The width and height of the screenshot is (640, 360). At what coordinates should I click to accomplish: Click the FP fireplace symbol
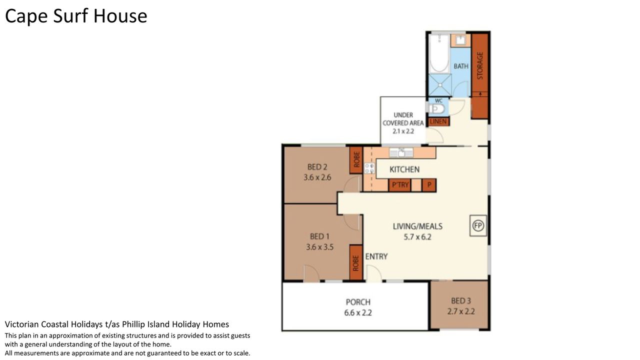[478, 225]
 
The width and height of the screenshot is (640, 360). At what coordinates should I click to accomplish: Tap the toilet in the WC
[436, 109]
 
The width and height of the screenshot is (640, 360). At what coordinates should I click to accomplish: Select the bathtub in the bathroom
[439, 53]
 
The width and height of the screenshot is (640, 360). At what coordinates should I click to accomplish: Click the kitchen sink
[401, 153]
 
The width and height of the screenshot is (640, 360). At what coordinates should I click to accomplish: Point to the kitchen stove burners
[369, 168]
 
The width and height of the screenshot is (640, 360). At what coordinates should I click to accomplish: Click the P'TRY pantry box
[400, 185]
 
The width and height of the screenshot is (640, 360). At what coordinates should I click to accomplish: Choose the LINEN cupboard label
[438, 121]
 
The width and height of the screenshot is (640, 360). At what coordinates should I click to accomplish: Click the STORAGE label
[480, 65]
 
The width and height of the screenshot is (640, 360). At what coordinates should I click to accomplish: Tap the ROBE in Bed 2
[356, 159]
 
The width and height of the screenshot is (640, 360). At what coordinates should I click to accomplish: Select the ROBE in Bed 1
[356, 262]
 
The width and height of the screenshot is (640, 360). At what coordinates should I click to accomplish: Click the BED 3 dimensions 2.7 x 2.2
[461, 311]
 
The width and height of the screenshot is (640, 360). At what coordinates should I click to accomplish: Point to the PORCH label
[358, 302]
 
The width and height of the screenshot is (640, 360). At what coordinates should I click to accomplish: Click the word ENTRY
[376, 256]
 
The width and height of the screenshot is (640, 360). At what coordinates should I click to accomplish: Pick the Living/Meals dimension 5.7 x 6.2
[417, 237]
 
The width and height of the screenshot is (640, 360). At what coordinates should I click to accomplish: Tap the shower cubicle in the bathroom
[440, 85]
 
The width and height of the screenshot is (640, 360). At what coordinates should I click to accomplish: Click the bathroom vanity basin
[460, 40]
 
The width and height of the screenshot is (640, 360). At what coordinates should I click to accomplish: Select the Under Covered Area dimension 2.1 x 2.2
[403, 131]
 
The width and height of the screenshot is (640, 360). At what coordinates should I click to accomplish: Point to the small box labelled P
[429, 185]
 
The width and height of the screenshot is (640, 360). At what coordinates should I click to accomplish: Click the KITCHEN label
[404, 169]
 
